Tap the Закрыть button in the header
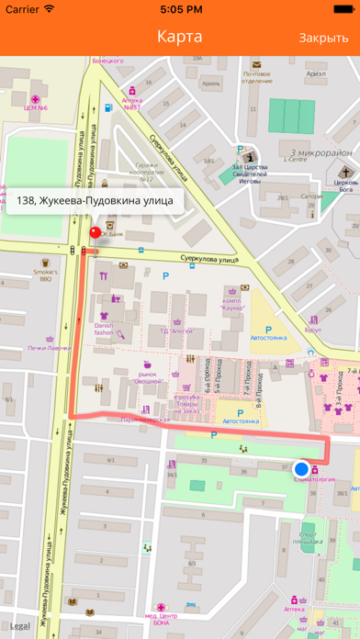coord(323,38)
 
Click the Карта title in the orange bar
coord(180,37)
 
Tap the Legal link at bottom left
coord(20,626)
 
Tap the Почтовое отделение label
coord(256,77)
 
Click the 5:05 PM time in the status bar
coord(180,9)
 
